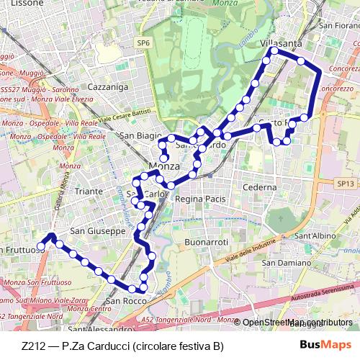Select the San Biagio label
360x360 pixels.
tap(137, 135)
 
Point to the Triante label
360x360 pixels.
tap(89, 192)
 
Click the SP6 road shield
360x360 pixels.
tap(143, 43)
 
